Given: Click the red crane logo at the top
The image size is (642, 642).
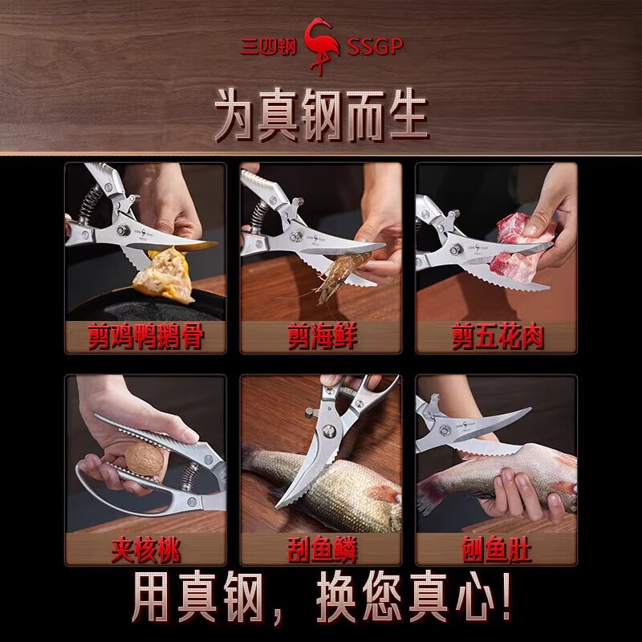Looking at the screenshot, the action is click(322, 46).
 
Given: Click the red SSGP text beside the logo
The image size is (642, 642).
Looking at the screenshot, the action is click(375, 47).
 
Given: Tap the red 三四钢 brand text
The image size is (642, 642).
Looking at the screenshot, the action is click(268, 47).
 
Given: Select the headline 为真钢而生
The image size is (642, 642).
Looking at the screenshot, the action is click(322, 115).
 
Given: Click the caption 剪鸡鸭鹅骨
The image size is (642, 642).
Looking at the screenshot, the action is click(146, 336).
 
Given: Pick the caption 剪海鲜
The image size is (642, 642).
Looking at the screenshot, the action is click(322, 336).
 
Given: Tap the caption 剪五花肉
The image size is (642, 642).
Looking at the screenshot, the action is click(498, 336).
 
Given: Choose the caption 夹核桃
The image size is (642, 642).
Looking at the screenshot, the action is click(146, 549).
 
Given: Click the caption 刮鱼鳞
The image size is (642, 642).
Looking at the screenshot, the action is click(322, 549).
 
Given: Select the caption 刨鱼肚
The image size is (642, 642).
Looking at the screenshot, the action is click(497, 549).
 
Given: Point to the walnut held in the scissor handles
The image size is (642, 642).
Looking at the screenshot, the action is click(144, 459).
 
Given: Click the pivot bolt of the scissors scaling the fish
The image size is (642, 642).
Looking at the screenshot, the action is click(329, 430).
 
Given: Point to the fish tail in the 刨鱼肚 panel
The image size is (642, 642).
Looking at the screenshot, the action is click(429, 494).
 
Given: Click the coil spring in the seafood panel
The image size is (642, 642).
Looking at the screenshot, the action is click(259, 216).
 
